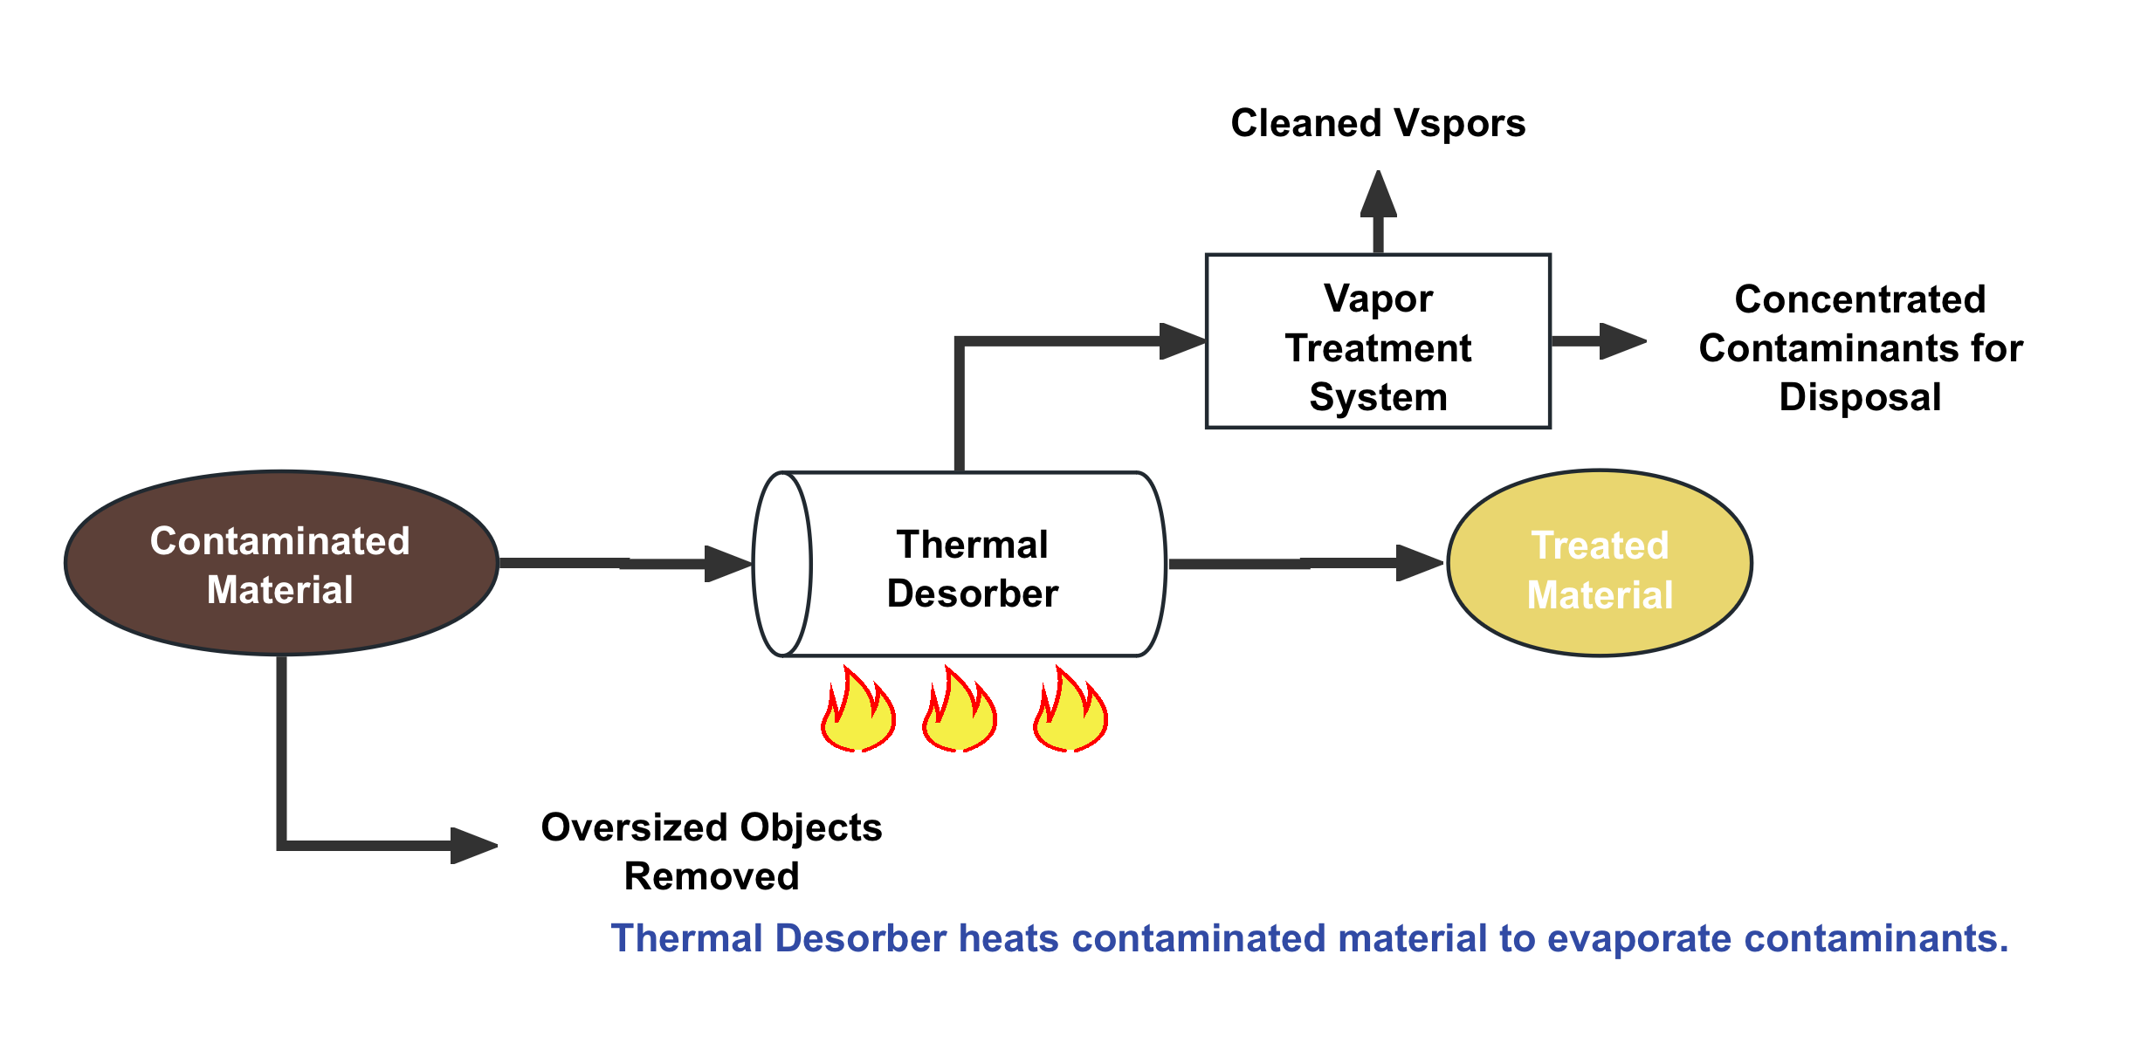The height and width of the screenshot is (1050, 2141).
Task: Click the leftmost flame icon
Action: pyautogui.click(x=858, y=708)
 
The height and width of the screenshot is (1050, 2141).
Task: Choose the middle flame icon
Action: pyautogui.click(x=960, y=708)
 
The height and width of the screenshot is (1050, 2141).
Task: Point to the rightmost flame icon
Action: pyautogui.click(x=1070, y=708)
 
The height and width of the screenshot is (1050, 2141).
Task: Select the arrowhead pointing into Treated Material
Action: pyautogui.click(x=1418, y=563)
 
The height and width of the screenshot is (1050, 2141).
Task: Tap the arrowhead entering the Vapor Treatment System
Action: pyautogui.click(x=1182, y=341)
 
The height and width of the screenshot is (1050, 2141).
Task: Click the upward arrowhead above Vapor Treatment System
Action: pyautogui.click(x=1378, y=194)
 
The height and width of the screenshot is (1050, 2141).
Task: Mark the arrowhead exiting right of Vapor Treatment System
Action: pyautogui.click(x=1622, y=341)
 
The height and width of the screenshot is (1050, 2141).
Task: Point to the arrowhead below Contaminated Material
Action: pyautogui.click(x=473, y=845)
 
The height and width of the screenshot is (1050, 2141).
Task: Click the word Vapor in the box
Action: pyautogui.click(x=1378, y=299)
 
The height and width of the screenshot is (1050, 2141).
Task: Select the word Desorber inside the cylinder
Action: pyautogui.click(x=973, y=594)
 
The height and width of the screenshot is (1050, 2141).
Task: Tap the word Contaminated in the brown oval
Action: pyautogui.click(x=280, y=541)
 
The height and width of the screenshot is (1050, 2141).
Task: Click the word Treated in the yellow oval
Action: pyautogui.click(x=1600, y=546)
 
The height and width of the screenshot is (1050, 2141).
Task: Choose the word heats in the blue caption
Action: pyautogui.click(x=1009, y=939)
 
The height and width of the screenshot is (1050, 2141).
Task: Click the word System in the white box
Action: pyautogui.click(x=1378, y=397)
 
